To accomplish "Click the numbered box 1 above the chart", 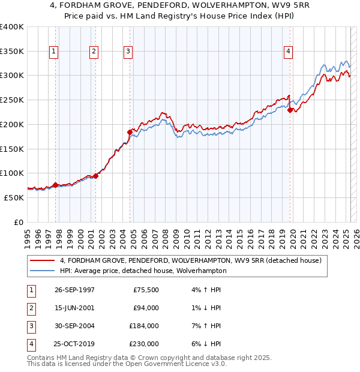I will pos(54,52).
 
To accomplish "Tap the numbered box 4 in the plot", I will pos(289,52).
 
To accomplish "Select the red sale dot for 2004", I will pos(130,132).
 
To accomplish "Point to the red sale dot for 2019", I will pos(290,110).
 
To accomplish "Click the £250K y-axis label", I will pos(12,100).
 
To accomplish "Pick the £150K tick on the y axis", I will pos(12,149).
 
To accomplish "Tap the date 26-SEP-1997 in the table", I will pos(74,290).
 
